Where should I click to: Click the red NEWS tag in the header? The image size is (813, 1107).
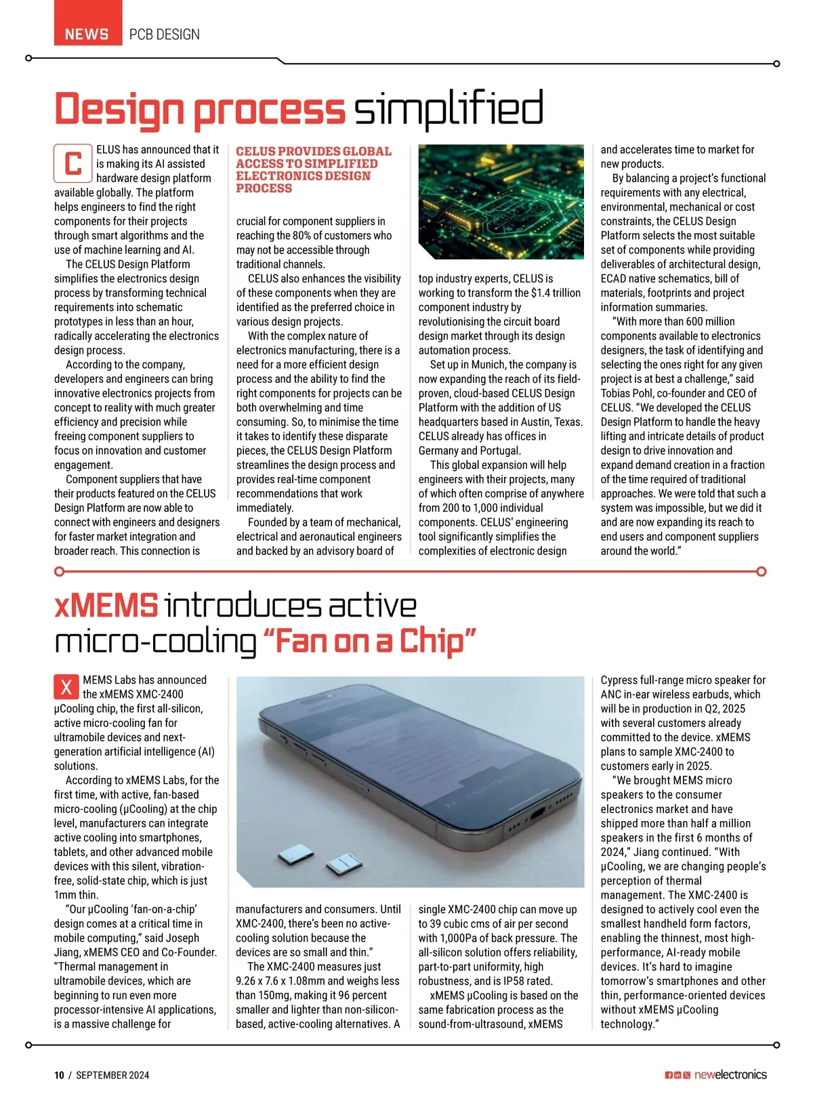click(x=87, y=34)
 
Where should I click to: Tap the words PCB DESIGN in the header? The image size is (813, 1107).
click(x=165, y=34)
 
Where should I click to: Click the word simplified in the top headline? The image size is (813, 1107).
click(x=449, y=108)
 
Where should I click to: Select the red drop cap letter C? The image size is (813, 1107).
click(x=72, y=163)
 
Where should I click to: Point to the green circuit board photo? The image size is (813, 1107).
click(x=501, y=202)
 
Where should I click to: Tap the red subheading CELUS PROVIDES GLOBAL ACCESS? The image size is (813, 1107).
click(x=313, y=169)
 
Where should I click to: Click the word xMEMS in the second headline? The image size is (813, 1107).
click(x=106, y=605)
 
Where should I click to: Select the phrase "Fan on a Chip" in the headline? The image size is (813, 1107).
click(x=369, y=640)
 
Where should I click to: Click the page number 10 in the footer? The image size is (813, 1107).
click(x=59, y=1075)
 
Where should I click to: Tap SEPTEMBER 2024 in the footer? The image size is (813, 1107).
click(x=112, y=1075)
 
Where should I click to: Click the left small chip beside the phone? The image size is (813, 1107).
click(x=293, y=854)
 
